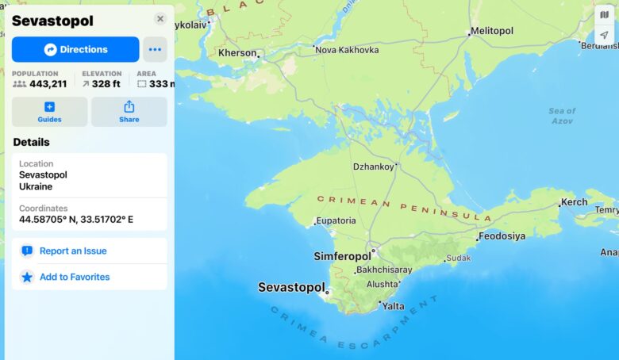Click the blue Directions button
(x=75, y=49)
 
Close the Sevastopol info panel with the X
(x=160, y=19)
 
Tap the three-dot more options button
(x=155, y=49)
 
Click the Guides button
(x=49, y=112)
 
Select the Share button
(x=129, y=112)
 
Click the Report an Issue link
(x=73, y=251)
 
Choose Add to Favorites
(x=75, y=277)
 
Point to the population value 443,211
(x=48, y=84)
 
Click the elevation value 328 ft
(x=106, y=84)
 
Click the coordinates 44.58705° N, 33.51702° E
(x=76, y=220)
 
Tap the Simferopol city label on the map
(x=342, y=256)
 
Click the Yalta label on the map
(x=394, y=306)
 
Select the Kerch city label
(x=574, y=202)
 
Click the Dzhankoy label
(x=373, y=167)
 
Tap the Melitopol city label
(x=493, y=31)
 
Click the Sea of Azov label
(x=562, y=116)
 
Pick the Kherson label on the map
(x=238, y=52)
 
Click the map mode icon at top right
(x=605, y=15)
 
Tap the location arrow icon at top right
(x=605, y=36)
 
